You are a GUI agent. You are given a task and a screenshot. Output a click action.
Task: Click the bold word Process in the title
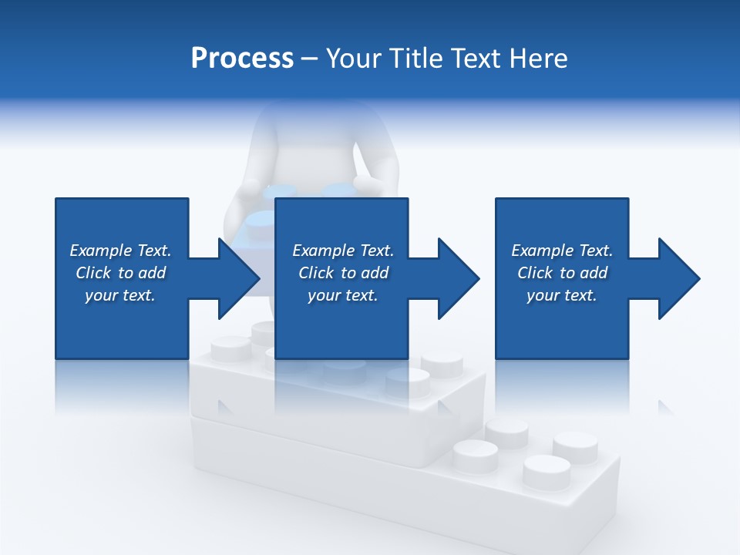coord(242,59)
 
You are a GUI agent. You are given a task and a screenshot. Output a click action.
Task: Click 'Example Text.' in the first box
coord(120,251)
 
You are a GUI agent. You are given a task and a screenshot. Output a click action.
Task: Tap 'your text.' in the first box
coord(120,295)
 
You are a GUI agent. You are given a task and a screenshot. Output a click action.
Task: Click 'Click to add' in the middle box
coord(343,273)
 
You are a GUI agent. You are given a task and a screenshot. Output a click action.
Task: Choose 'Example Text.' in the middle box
coord(343,251)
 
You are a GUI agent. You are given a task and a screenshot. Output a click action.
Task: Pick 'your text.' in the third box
coord(562,295)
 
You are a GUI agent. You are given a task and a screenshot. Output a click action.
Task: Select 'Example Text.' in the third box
coord(562,251)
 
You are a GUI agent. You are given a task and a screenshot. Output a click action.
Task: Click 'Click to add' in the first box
coord(120,273)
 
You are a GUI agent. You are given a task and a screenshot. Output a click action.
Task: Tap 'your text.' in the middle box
coord(343,295)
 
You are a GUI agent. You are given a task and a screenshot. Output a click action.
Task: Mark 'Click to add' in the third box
coord(562,273)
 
